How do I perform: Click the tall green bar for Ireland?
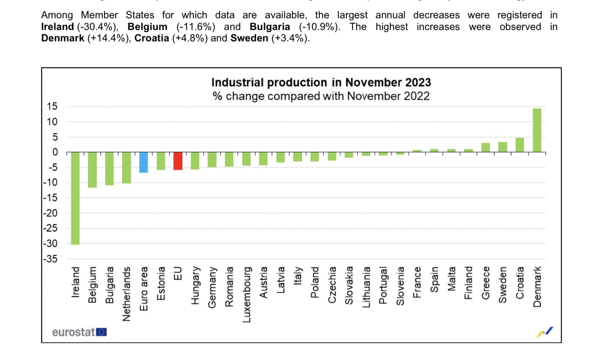pyautogui.click(x=75, y=198)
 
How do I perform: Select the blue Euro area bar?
pyautogui.click(x=144, y=162)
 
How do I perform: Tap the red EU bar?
pyautogui.click(x=178, y=161)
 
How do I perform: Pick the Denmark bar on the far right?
pyautogui.click(x=537, y=130)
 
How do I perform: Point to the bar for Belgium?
pyautogui.click(x=92, y=170)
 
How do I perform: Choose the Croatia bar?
pyautogui.click(x=520, y=145)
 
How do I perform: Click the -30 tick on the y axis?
pyautogui.click(x=50, y=243)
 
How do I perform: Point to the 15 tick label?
pyautogui.click(x=52, y=106)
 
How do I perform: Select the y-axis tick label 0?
pyautogui.click(x=55, y=152)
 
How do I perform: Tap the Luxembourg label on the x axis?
pyautogui.click(x=247, y=294)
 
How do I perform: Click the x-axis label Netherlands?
pyautogui.click(x=126, y=294)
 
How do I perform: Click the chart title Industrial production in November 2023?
pyautogui.click(x=321, y=83)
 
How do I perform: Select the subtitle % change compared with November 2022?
pyautogui.click(x=321, y=96)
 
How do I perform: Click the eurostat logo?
pyautogui.click(x=79, y=332)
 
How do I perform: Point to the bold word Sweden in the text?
pyautogui.click(x=249, y=38)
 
